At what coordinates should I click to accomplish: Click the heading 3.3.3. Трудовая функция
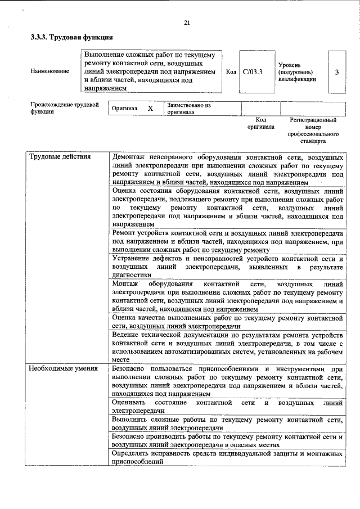(72, 38)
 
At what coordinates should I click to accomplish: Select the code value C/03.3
(253, 72)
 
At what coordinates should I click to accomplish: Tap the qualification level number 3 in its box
(336, 72)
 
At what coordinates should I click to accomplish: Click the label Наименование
(51, 71)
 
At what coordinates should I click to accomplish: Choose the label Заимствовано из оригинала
(188, 108)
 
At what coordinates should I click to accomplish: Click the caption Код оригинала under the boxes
(260, 123)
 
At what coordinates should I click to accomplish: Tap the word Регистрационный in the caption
(313, 120)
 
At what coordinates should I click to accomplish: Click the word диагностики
(132, 275)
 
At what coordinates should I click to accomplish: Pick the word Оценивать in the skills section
(129, 403)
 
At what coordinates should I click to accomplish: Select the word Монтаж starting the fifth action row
(125, 283)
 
